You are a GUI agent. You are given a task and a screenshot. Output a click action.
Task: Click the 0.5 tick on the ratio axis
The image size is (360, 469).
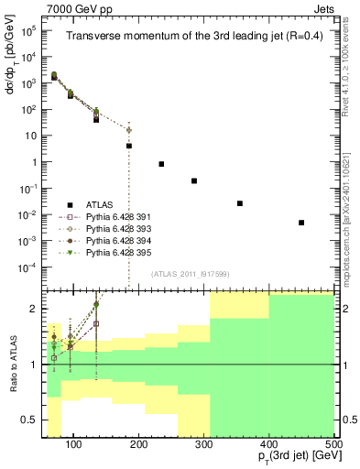[34, 420]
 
